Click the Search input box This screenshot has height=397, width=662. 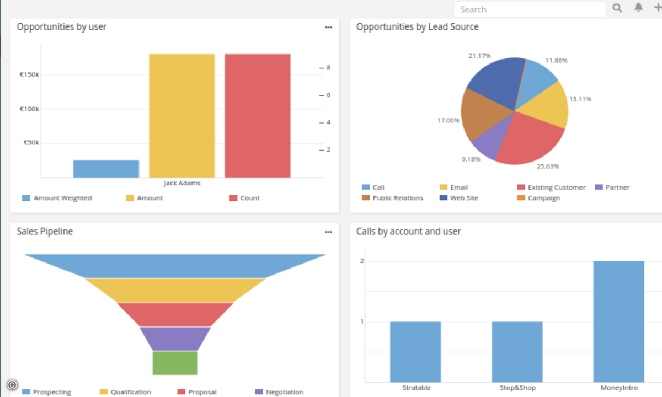[530, 9]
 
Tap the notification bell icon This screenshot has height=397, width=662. [638, 8]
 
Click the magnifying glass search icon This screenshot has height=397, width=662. [617, 8]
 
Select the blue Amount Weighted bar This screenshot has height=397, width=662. [106, 169]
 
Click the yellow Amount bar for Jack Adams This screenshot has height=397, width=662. [181, 116]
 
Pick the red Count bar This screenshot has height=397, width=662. [257, 116]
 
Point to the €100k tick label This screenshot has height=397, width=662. [30, 109]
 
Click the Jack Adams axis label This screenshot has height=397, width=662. [182, 183]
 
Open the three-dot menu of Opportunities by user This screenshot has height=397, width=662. [329, 27]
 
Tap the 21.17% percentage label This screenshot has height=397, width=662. [479, 56]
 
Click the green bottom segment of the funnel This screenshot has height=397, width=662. [175, 363]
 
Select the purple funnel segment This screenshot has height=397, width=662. [175, 339]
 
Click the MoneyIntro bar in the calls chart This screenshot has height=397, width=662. [618, 321]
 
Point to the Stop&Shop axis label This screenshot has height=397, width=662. [517, 388]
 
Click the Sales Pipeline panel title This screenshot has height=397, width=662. [45, 232]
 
